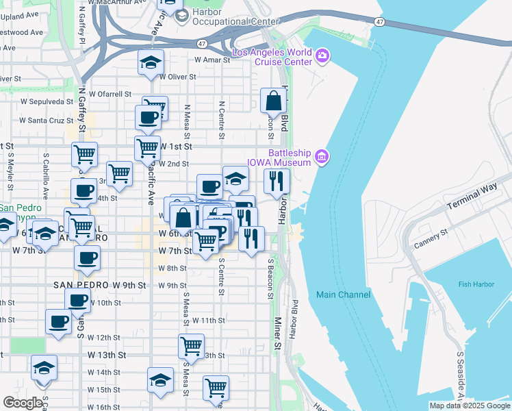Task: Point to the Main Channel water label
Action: coord(343,295)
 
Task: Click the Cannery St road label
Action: coord(430,238)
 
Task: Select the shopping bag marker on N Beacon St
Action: coord(273,101)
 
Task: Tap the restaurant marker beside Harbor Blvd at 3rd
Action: coord(277,182)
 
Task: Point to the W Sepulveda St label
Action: coord(47,101)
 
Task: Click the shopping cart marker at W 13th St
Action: coord(191,347)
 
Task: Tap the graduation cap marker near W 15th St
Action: coord(160,381)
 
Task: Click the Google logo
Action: coord(23,403)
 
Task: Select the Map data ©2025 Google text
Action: coord(469,406)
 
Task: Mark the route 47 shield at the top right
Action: coord(379,22)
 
